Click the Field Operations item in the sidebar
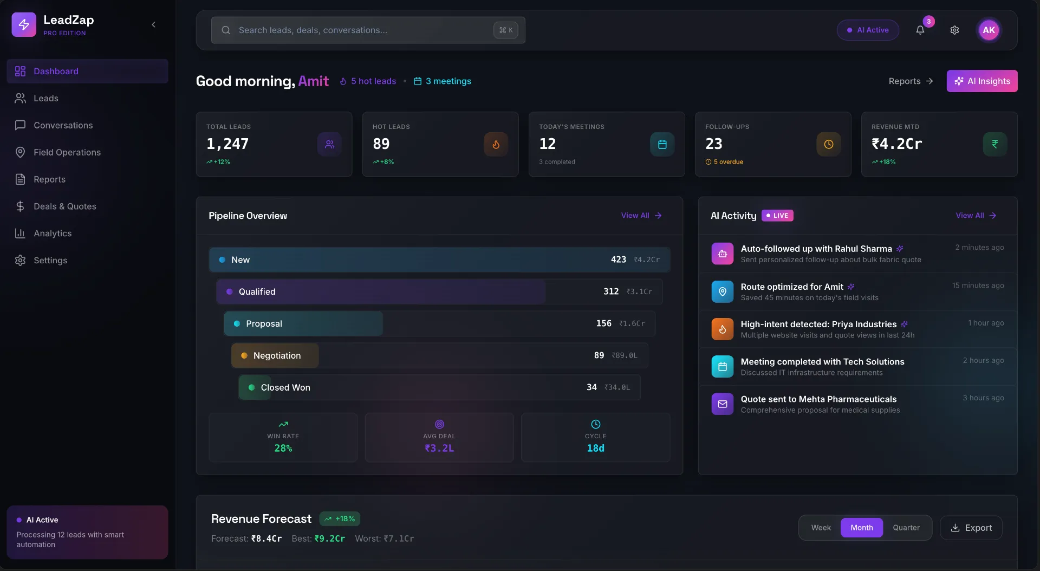tap(67, 152)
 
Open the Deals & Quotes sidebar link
tap(64, 206)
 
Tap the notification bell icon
tap(920, 30)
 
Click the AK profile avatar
tap(989, 30)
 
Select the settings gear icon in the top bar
tap(954, 30)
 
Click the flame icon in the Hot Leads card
tap(496, 144)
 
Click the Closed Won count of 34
tap(591, 387)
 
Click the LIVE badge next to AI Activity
tap(777, 216)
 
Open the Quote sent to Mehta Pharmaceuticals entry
tap(818, 404)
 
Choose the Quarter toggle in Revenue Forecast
tap(906, 528)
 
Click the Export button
tap(971, 528)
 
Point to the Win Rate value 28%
tap(283, 449)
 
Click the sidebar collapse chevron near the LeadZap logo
tap(154, 24)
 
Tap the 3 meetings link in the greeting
tap(443, 81)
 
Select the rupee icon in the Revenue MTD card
tap(994, 144)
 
